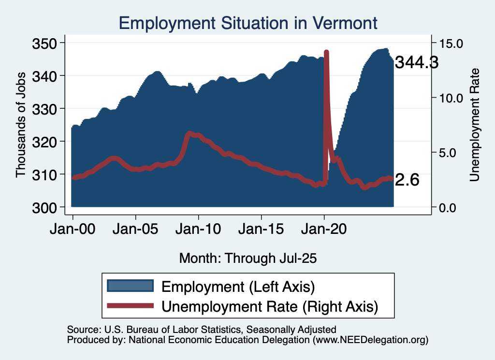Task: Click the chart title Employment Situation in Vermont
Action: coord(247,23)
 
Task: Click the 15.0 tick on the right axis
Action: coord(450,43)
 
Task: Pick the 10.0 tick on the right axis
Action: coord(450,98)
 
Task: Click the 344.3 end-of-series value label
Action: coord(416,62)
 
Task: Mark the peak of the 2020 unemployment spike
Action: coord(326,52)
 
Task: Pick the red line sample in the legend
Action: coord(131,305)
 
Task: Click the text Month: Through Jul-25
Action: coord(247,258)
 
